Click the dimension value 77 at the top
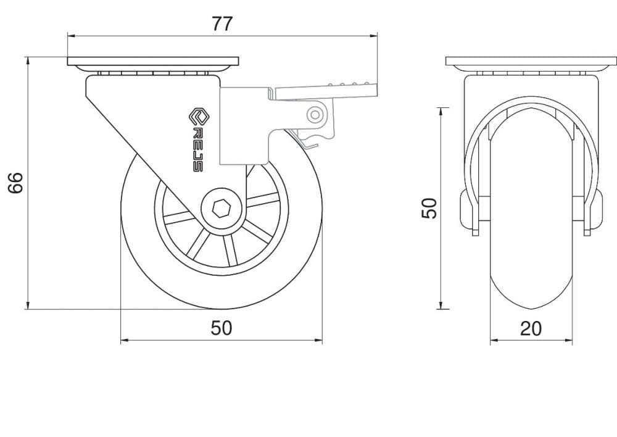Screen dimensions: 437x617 pos(222,24)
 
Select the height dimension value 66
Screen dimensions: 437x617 pos(16,183)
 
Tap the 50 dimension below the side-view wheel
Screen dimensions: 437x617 pos(222,328)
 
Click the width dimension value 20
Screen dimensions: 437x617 pos(531,328)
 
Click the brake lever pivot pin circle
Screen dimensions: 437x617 pos(316,114)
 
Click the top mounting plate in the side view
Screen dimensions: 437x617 pos(152,62)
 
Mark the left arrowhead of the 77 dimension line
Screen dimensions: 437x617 pos(70,36)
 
